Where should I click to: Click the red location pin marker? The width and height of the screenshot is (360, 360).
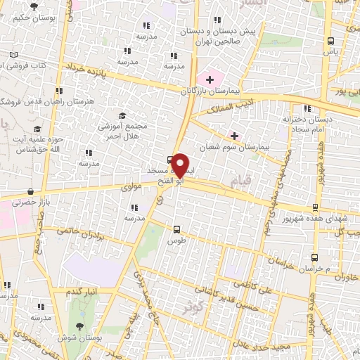point(180,165)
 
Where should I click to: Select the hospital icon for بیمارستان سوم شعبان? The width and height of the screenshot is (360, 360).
point(234,135)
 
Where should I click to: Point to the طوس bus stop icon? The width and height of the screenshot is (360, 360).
point(176,229)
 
